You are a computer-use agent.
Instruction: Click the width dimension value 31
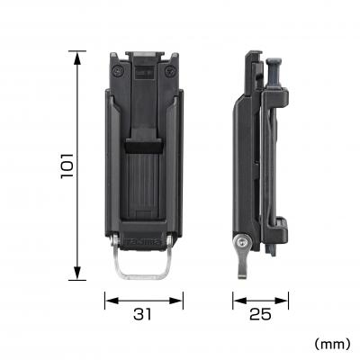pos(144,314)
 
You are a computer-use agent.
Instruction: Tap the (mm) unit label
pos(332,343)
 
